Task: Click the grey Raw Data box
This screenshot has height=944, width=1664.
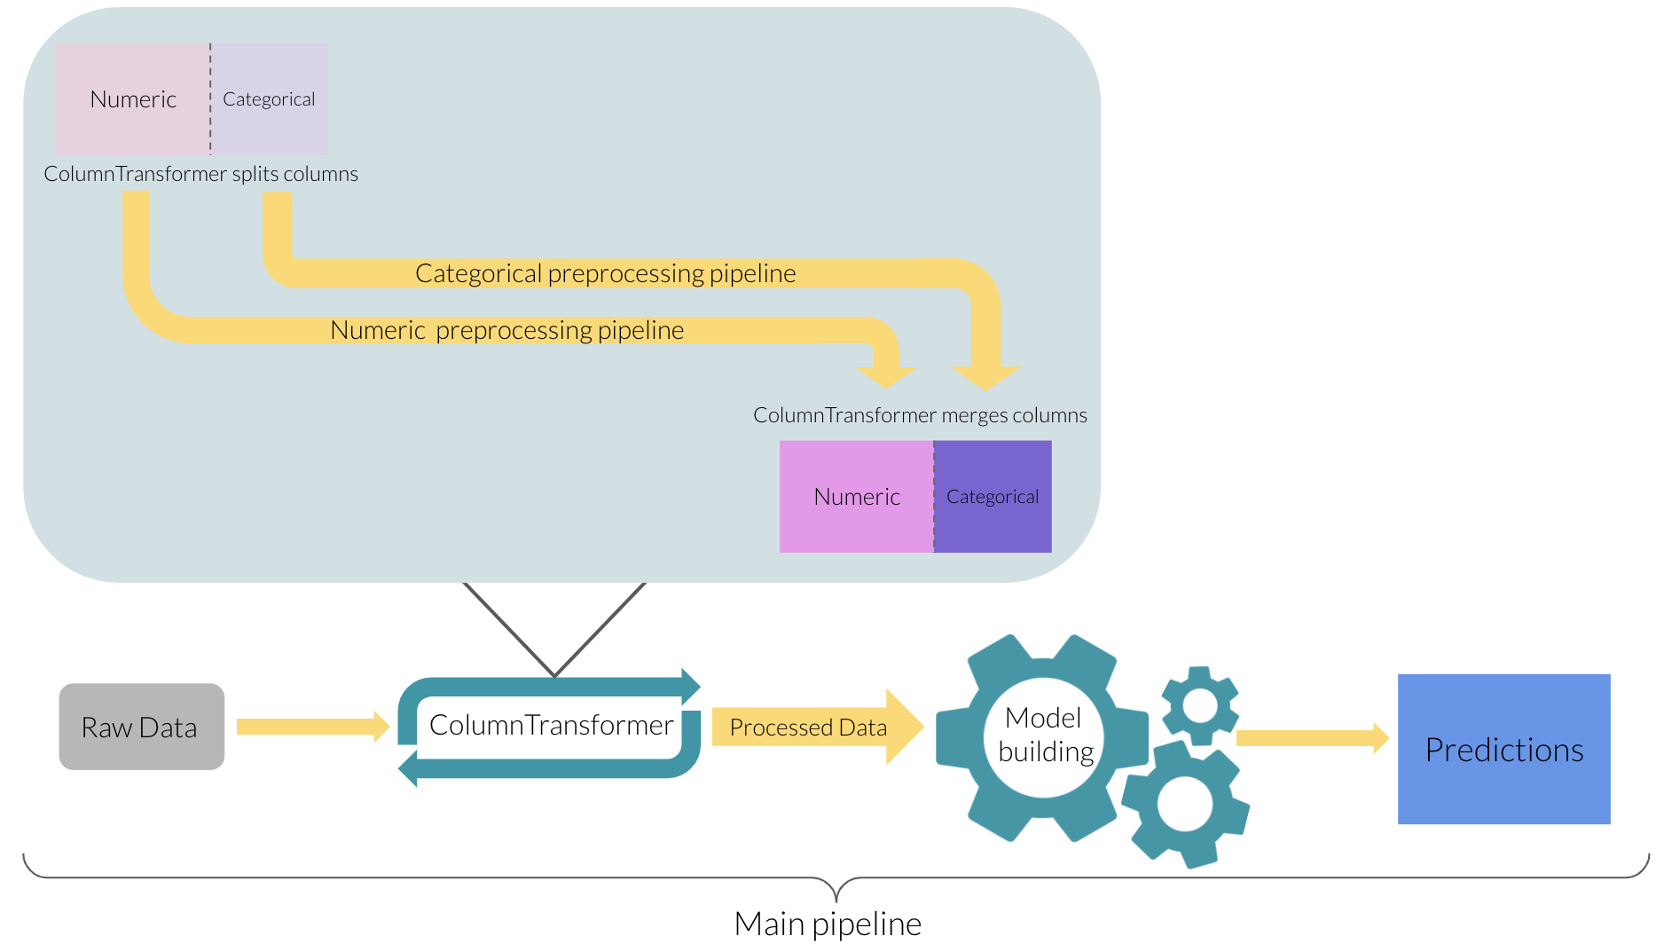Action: [x=141, y=727]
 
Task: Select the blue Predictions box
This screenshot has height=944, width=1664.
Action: [x=1503, y=749]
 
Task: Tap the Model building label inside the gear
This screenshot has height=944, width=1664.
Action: [x=1044, y=735]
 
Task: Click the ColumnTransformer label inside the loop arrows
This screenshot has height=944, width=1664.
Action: [x=551, y=725]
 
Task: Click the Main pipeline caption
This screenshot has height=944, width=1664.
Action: [x=828, y=924]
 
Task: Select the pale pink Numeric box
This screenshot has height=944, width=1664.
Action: [x=133, y=99]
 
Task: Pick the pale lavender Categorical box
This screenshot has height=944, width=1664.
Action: [x=269, y=99]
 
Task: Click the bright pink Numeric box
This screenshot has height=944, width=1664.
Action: [x=856, y=497]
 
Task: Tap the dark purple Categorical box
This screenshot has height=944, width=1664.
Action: [x=993, y=497]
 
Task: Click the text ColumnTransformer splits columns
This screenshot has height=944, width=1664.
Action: [x=200, y=174]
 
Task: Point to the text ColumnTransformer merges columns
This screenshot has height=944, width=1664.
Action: [x=920, y=415]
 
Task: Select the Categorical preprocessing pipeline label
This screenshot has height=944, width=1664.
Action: [x=605, y=273]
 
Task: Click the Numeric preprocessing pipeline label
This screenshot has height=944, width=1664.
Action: [x=506, y=330]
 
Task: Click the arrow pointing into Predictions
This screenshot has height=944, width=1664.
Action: [x=1311, y=738]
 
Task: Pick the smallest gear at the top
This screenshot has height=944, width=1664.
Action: [x=1200, y=706]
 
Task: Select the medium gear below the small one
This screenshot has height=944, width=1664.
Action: [x=1186, y=804]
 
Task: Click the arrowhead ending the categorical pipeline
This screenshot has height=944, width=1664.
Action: [x=985, y=377]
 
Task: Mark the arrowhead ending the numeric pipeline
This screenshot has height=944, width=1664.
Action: [x=886, y=376]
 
